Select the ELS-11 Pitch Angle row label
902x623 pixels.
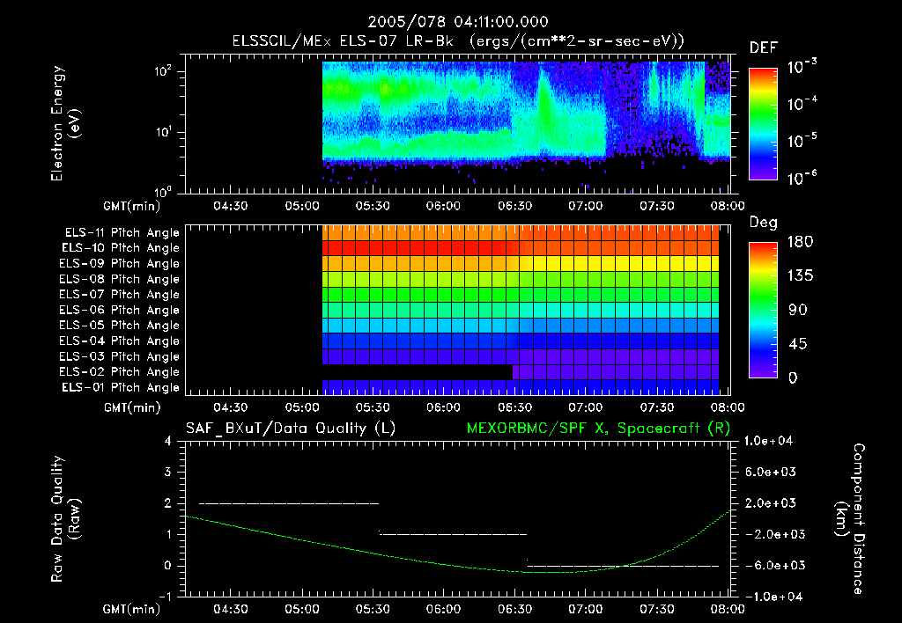coord(122,232)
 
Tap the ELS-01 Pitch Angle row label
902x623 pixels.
coord(120,387)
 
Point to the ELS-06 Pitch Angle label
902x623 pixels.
coord(120,310)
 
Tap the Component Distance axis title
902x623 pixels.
coord(845,518)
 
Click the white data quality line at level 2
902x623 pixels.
coord(288,503)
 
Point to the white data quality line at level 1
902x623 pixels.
coord(452,534)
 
